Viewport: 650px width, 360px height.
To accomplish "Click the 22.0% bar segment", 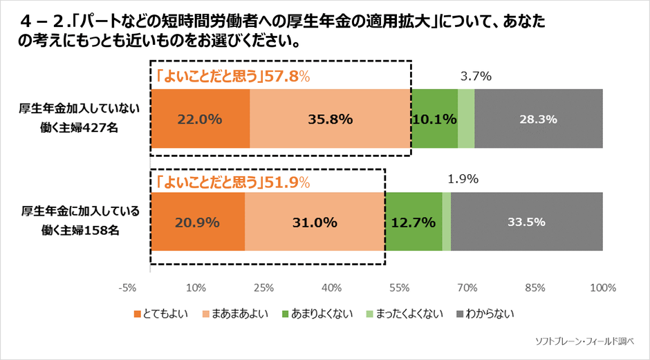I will pyautogui.click(x=200, y=118).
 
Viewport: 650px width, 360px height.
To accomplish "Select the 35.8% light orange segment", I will pyautogui.click(x=330, y=118).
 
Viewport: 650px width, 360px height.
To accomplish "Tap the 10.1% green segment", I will pyautogui.click(x=434, y=118).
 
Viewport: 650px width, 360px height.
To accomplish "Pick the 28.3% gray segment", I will pyautogui.click(x=538, y=118).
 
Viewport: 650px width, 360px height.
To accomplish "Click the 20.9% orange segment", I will pyautogui.click(x=198, y=222).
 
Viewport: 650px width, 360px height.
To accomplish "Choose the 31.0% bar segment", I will pyautogui.click(x=314, y=222).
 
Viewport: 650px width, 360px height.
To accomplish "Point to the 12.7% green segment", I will pyautogui.click(x=413, y=222).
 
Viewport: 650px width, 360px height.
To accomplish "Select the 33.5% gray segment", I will pyautogui.click(x=526, y=222).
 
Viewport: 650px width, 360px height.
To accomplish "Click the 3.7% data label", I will pyautogui.click(x=476, y=77).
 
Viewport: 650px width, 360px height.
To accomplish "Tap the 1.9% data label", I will pyautogui.click(x=463, y=179).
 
